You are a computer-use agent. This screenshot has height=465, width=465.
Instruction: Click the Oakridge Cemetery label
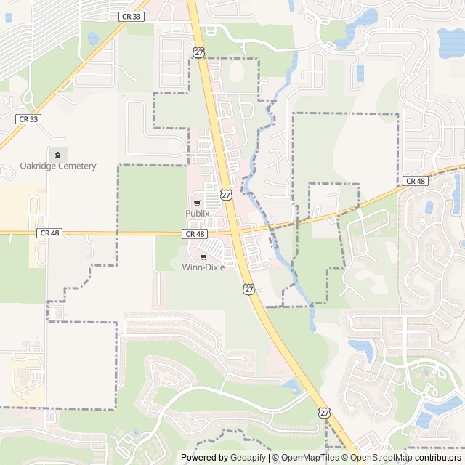(x=57, y=166)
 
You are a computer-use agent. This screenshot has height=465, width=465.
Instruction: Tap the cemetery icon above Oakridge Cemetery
(x=57, y=154)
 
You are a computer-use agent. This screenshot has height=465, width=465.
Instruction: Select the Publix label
(x=197, y=213)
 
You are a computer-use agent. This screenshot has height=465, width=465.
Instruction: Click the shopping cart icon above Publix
(x=197, y=202)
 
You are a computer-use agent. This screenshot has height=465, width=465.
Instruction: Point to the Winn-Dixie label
(x=203, y=267)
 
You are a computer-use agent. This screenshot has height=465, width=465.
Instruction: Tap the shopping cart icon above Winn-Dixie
(x=203, y=256)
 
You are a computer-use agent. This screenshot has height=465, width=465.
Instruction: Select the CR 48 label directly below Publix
(x=195, y=234)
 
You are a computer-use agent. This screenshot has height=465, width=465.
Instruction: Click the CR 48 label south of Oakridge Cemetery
(x=49, y=232)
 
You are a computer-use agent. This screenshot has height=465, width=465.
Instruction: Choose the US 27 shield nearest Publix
(x=227, y=195)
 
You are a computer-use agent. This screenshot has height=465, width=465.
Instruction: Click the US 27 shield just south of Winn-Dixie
(x=248, y=288)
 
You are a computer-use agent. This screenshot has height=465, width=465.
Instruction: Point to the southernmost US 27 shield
(x=324, y=412)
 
